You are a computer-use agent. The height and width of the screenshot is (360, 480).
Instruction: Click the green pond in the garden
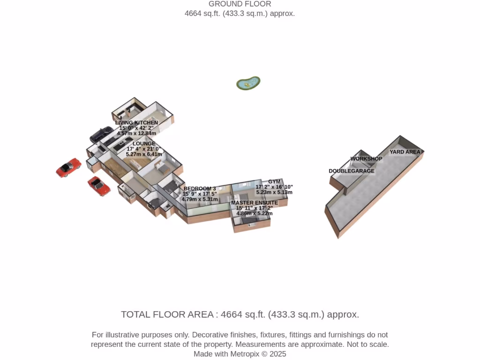pyautogui.click(x=248, y=83)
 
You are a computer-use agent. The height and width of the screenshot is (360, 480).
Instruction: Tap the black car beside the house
pyautogui.click(x=101, y=134)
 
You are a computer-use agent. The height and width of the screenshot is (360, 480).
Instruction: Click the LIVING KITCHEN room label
pyautogui.click(x=136, y=122)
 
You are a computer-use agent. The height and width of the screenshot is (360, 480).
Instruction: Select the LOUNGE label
pyautogui.click(x=144, y=143)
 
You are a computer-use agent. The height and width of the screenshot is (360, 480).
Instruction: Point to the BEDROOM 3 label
pyautogui.click(x=200, y=188)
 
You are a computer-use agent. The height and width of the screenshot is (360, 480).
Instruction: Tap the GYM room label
pyautogui.click(x=274, y=181)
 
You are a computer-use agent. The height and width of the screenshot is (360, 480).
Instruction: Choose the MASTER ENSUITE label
pyautogui.click(x=255, y=202)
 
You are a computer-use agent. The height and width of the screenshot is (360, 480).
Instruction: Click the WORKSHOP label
pyautogui.click(x=366, y=158)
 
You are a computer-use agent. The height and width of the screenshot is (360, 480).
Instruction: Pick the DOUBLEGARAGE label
pyautogui.click(x=352, y=171)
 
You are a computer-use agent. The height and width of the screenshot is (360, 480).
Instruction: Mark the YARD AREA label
pyautogui.click(x=405, y=152)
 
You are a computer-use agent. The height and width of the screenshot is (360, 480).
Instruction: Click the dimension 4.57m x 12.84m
pyautogui.click(x=136, y=133)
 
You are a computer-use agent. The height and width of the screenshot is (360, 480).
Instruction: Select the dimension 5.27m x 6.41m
pyautogui.click(x=144, y=154)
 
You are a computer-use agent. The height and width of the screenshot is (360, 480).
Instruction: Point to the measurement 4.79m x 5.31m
pyautogui.click(x=200, y=199)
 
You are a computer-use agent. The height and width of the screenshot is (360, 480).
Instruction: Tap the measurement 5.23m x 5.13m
pyautogui.click(x=274, y=192)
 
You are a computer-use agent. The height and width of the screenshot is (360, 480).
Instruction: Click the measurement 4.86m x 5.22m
pyautogui.click(x=255, y=213)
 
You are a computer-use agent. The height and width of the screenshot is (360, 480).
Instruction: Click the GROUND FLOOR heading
pyautogui.click(x=240, y=4)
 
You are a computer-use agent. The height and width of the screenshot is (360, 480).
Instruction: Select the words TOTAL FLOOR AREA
pyautogui.click(x=167, y=315)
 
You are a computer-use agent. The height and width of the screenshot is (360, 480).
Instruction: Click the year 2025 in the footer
pyautogui.click(x=277, y=354)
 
